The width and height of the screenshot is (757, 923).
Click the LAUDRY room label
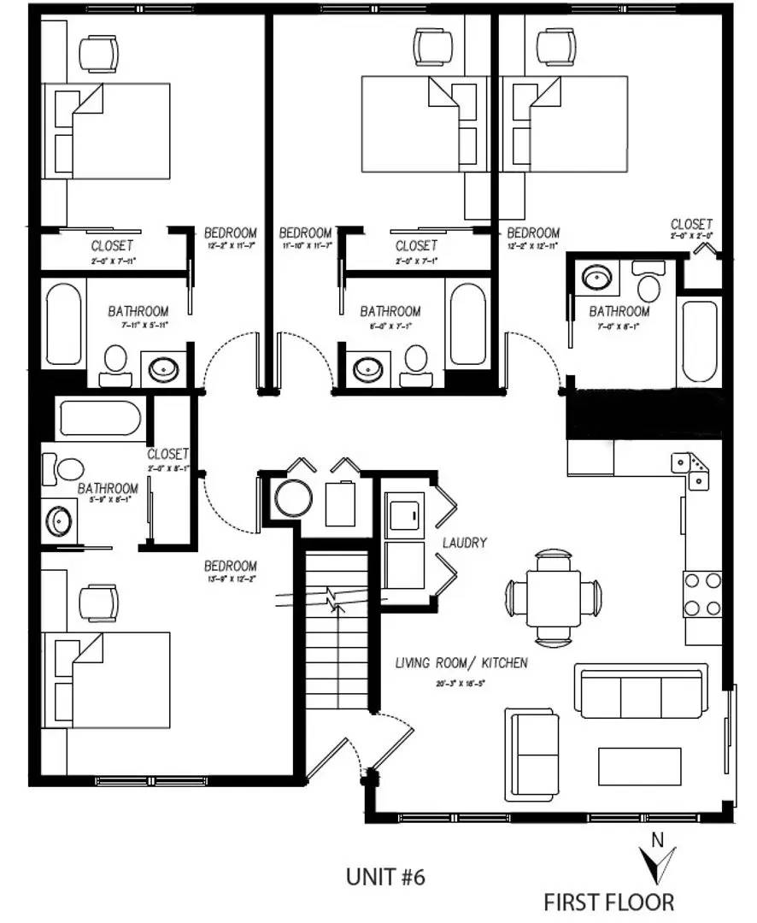coord(465,543)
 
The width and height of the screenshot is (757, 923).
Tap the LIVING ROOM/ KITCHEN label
coord(461,662)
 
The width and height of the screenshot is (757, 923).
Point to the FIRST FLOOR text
coord(609,902)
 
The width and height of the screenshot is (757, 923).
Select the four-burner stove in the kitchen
coord(701,594)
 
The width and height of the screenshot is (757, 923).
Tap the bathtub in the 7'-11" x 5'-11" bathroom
coord(65,325)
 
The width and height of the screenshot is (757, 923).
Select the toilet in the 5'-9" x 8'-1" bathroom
coord(68,467)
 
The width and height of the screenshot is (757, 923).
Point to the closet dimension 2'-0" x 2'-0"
coord(692,235)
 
